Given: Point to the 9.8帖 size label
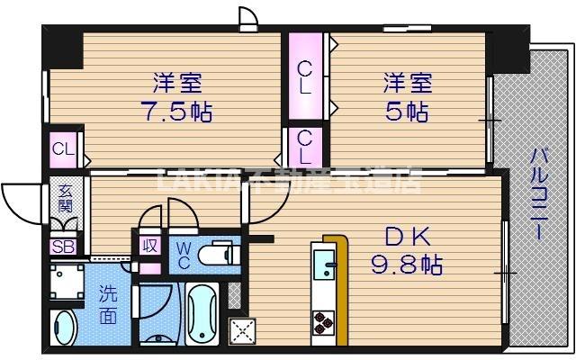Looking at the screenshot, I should pos(408,265).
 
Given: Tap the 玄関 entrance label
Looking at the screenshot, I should pos(66,198).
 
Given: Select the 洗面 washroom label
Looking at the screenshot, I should pos(108,304).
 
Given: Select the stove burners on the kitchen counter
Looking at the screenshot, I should pos(323,319).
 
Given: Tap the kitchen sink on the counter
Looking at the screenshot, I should pos(323,267).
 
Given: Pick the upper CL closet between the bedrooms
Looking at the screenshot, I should pos(307,77).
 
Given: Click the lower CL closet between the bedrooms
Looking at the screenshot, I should pos(306,146).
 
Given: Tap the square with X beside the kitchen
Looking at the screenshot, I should pos(241,331).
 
